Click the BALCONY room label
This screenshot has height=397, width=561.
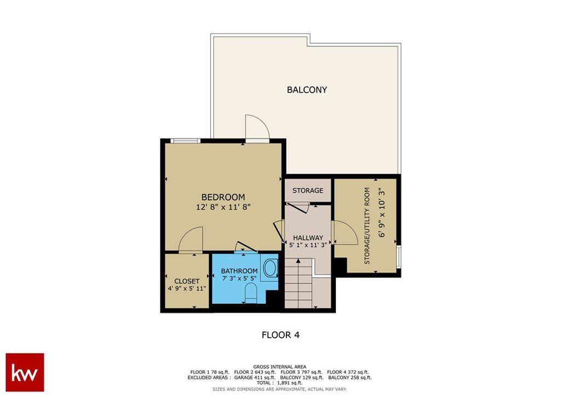(307, 89)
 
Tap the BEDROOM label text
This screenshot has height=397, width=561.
(224, 197)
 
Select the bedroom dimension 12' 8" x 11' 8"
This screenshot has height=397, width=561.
(223, 207)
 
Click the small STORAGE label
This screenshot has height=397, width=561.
(308, 190)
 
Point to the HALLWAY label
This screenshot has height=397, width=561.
(308, 237)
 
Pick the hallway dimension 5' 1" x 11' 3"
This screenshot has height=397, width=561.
(308, 246)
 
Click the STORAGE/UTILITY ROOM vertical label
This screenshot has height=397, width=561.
(367, 226)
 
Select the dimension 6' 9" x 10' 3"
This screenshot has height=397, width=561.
(382, 213)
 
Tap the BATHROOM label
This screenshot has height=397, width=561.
(239, 271)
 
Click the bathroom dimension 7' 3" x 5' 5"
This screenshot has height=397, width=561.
(239, 278)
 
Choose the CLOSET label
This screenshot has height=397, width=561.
(187, 281)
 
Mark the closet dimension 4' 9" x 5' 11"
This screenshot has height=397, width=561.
(187, 288)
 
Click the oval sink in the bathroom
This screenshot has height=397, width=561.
(270, 268)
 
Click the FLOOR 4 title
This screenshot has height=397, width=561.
(281, 335)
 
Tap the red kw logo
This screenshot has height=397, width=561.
(25, 372)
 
